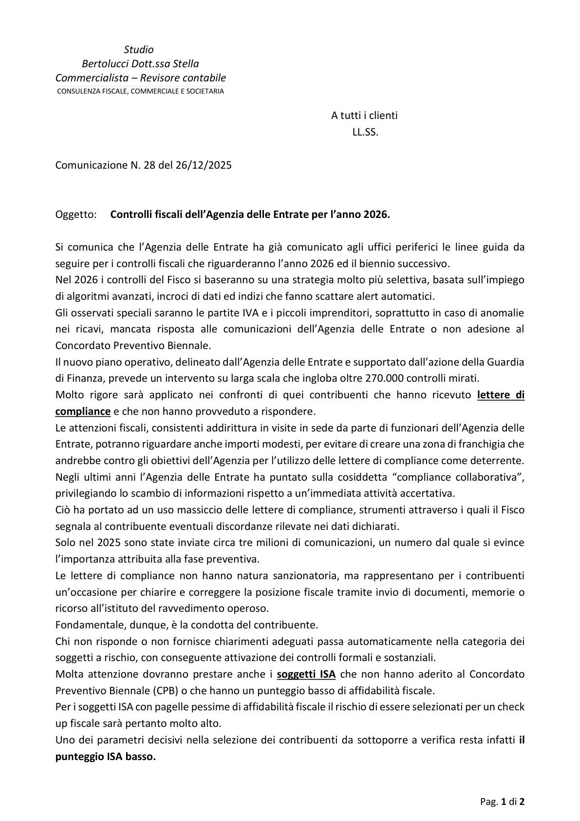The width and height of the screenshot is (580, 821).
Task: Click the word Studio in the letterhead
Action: pos(139,49)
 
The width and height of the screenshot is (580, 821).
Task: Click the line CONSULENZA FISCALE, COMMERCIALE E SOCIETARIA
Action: pos(140,91)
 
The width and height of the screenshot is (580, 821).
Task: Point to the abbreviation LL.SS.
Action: pos(365,132)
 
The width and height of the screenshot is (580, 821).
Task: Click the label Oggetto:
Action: pos(76,215)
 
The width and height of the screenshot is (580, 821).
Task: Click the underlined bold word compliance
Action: pos(83,411)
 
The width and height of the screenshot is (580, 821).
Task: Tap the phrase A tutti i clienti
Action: pos(364,116)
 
